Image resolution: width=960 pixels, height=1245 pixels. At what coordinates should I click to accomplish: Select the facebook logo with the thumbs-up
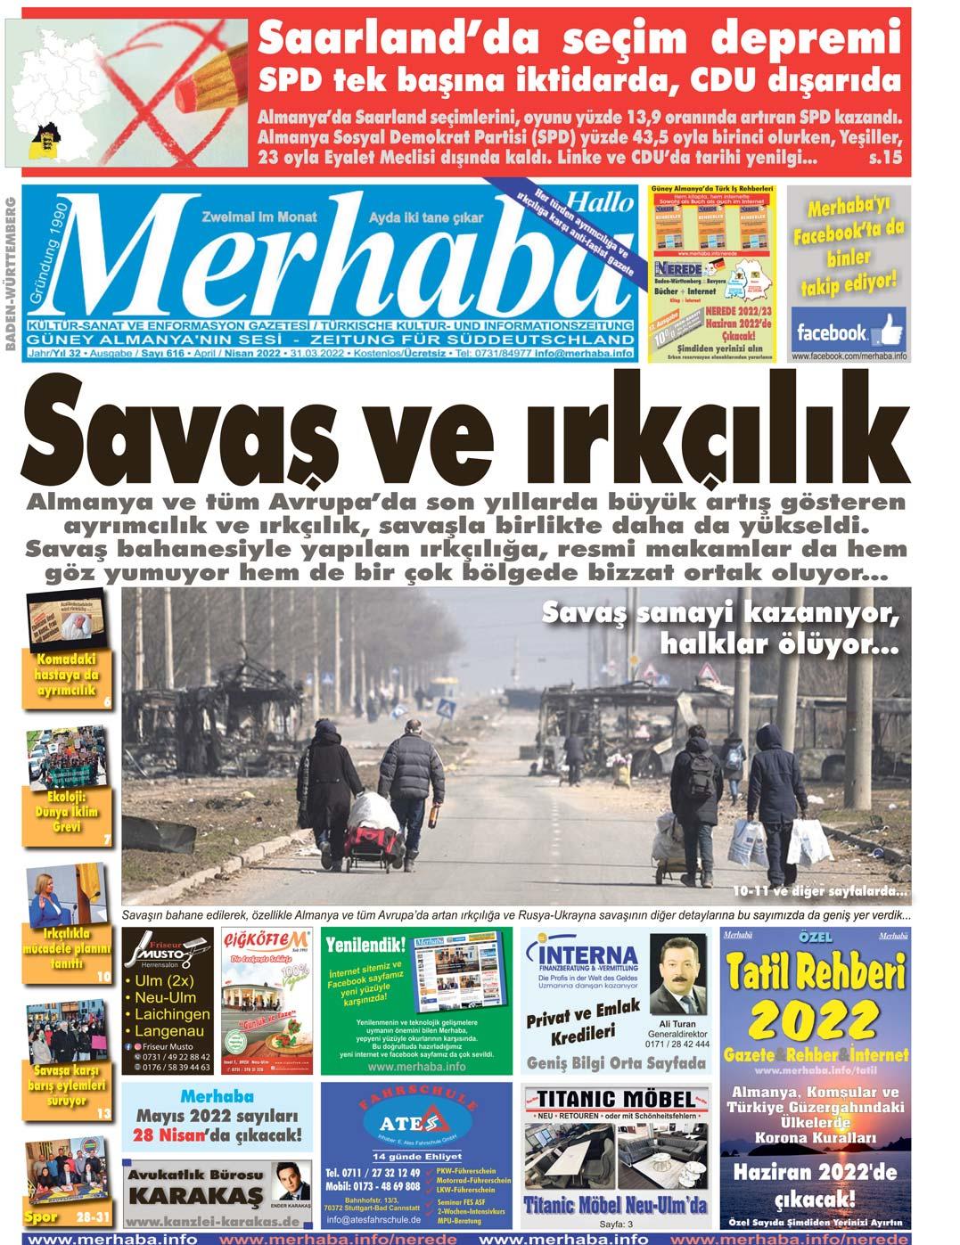[848, 332]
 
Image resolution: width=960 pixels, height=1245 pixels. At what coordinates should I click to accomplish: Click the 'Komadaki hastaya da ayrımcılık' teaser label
[67, 676]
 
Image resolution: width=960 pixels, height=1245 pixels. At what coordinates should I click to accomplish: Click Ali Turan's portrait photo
[677, 975]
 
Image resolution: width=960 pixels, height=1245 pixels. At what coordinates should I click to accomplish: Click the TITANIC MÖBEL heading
[616, 1098]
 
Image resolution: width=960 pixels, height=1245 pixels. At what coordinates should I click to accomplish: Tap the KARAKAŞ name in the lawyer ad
[197, 1195]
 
